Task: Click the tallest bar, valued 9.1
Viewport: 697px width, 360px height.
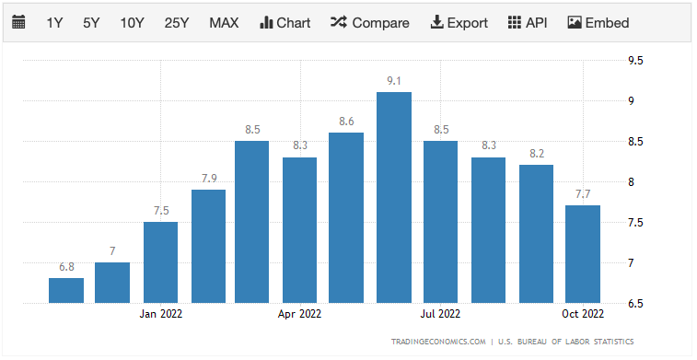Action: [394, 197]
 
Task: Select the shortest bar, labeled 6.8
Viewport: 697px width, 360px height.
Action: [66, 290]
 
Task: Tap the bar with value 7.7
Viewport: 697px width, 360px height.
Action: [583, 253]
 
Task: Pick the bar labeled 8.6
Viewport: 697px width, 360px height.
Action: [347, 217]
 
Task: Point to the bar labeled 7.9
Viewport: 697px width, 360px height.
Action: [208, 246]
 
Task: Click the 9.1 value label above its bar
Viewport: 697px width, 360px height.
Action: [394, 81]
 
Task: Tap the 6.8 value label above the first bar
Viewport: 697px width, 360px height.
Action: [66, 267]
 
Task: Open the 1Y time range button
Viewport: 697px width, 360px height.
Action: [55, 23]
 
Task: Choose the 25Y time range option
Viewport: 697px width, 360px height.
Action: [177, 23]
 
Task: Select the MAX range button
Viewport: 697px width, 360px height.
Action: [224, 23]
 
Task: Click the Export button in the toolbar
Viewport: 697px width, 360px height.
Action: [459, 23]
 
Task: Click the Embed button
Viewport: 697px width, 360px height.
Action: [598, 23]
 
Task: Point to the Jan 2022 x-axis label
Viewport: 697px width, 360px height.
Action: [160, 313]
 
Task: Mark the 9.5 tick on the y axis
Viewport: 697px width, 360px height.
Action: [635, 61]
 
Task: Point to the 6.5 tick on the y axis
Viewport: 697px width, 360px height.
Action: [635, 303]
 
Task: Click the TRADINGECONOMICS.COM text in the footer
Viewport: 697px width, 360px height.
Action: [438, 342]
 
